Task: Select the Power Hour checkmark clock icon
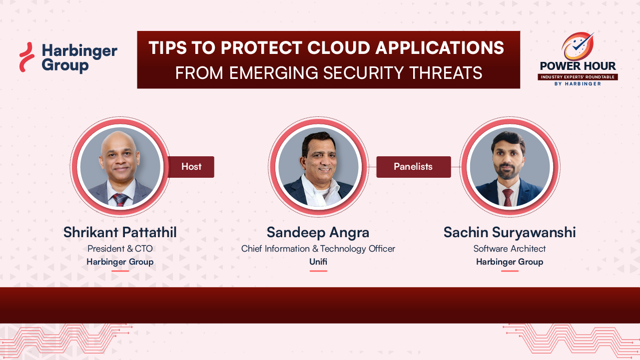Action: (578, 46)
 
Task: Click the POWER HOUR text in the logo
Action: (578, 66)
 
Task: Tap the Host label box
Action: (191, 167)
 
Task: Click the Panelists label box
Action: (413, 167)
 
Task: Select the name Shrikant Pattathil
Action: (120, 232)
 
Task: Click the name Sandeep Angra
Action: (318, 232)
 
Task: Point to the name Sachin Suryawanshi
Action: (510, 232)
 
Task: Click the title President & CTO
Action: (120, 249)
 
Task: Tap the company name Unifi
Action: (318, 262)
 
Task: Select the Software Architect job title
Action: (510, 249)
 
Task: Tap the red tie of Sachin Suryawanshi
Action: (508, 198)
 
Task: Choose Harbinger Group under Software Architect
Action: (510, 262)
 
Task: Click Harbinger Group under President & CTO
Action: (120, 262)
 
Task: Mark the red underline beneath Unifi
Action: (318, 271)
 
